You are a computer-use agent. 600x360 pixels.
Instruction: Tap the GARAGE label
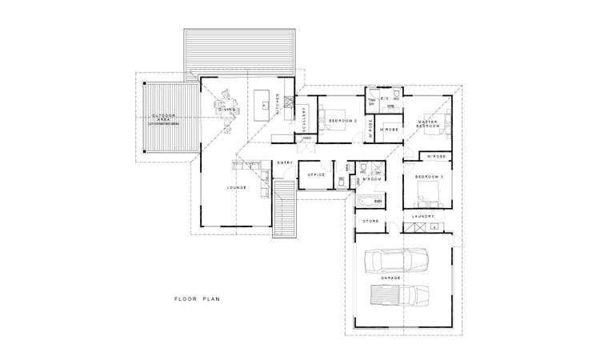click(x=391, y=278)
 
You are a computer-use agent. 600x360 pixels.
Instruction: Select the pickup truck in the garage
click(x=398, y=296)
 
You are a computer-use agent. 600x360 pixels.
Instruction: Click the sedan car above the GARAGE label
click(x=395, y=260)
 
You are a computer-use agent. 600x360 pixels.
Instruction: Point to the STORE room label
click(x=370, y=221)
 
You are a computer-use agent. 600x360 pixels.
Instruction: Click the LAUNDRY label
click(x=423, y=216)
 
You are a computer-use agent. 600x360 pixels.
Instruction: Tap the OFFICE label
click(x=315, y=174)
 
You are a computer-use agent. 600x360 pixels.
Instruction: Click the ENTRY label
click(x=284, y=163)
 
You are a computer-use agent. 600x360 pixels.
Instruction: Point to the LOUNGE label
click(x=236, y=189)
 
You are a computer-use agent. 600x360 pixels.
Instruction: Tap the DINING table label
click(x=227, y=110)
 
